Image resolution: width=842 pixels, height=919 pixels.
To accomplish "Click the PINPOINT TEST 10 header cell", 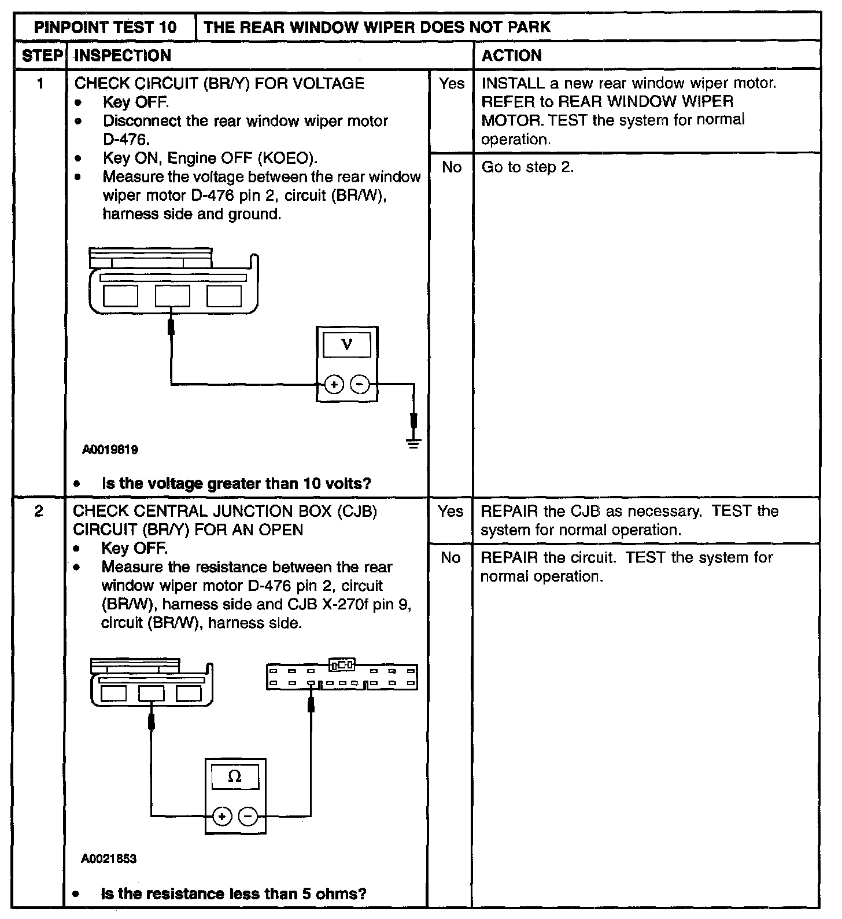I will pyautogui.click(x=105, y=27).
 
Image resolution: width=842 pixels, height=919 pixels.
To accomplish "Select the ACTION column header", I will pyautogui.click(x=512, y=56).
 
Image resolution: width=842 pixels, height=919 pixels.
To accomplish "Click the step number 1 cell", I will pyautogui.click(x=40, y=84).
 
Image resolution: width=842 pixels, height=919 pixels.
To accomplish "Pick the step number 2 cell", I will pyautogui.click(x=39, y=512).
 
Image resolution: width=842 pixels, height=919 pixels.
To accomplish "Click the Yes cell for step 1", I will pyautogui.click(x=451, y=84).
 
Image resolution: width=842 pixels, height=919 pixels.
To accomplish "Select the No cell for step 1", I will pyautogui.click(x=451, y=167).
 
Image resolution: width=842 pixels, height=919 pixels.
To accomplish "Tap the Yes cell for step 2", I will pyautogui.click(x=450, y=512).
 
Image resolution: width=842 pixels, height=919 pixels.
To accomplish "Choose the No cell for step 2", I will pyautogui.click(x=450, y=558).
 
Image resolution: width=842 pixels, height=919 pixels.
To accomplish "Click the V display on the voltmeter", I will pyautogui.click(x=347, y=345).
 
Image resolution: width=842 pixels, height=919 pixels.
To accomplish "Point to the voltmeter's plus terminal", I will pyautogui.click(x=334, y=384).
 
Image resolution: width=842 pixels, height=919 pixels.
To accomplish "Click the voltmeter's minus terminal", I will pyautogui.click(x=360, y=384).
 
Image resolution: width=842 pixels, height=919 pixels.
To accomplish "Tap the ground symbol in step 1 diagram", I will pyautogui.click(x=413, y=443).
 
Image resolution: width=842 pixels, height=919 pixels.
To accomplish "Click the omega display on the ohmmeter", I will pyautogui.click(x=235, y=777).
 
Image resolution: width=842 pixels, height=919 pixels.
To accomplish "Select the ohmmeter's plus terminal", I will pyautogui.click(x=221, y=817).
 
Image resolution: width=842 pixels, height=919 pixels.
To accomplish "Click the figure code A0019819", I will pyautogui.click(x=110, y=450).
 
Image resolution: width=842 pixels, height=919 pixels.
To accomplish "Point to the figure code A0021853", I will pyautogui.click(x=109, y=859).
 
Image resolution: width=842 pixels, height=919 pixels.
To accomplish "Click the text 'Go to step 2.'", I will pyautogui.click(x=527, y=167).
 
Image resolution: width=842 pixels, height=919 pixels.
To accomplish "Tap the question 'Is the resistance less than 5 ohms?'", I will pyautogui.click(x=234, y=894).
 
